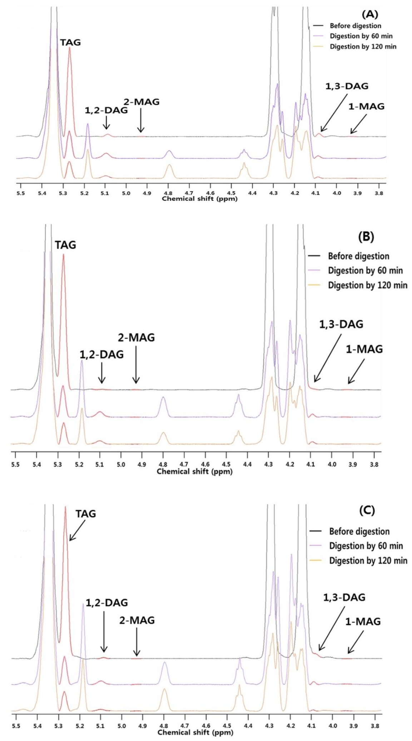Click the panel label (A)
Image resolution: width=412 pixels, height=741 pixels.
pos(370,15)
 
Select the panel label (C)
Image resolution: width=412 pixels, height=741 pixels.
pos(367,510)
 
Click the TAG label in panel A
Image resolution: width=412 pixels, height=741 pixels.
pos(70,42)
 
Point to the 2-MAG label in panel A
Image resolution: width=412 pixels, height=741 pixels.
pos(142,102)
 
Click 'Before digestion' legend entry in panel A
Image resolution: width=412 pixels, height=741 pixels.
pos(355,26)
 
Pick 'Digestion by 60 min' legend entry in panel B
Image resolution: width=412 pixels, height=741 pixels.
pos(365,271)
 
